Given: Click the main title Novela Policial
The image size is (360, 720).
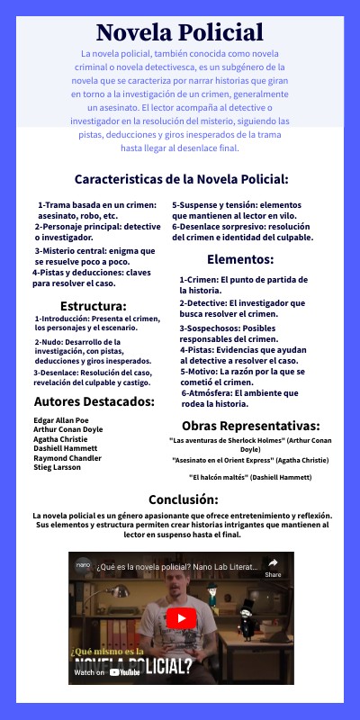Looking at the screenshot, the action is pos(180,33).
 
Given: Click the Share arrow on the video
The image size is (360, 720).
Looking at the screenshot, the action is pos(273,567).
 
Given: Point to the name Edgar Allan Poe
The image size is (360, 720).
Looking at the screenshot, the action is pos(62,420).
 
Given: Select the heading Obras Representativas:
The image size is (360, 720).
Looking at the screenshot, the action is pos(250,425).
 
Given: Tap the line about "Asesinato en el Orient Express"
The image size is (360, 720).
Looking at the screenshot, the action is pos(250,459).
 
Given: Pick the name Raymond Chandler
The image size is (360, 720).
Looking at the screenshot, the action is pos(68,459).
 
